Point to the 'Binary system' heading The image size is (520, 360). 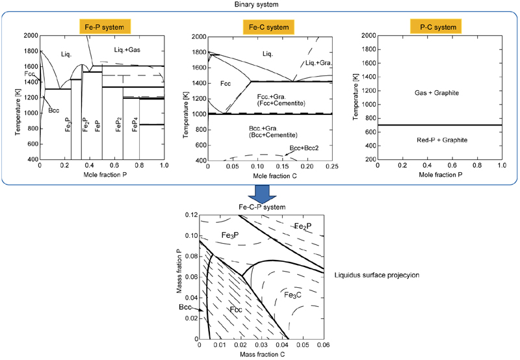(x=260, y=5)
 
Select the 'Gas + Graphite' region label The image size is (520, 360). (x=437, y=94)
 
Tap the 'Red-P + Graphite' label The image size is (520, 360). (x=437, y=140)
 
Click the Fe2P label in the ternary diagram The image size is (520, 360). (x=305, y=226)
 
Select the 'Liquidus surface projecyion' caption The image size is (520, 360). (x=375, y=275)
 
